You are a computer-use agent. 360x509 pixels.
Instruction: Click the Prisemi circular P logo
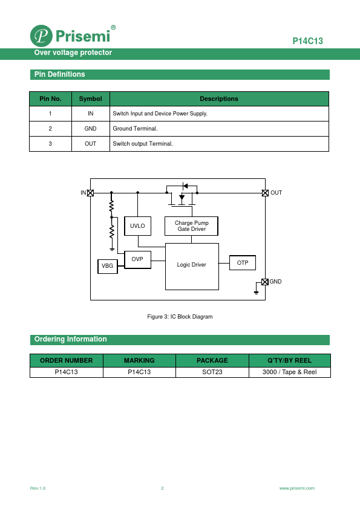[41, 36]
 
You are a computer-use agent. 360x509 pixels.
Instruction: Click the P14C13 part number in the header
[308, 41]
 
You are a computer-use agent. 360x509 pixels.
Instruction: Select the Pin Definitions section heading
[60, 74]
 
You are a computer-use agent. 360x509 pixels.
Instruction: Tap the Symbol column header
[90, 99]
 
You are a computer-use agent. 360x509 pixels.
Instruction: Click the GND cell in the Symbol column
[90, 129]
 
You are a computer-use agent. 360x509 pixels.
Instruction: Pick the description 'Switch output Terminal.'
[143, 143]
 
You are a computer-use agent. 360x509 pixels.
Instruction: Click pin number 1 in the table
[50, 114]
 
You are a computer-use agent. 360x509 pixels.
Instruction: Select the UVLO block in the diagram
[137, 226]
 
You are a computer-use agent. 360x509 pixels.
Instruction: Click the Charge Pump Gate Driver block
[191, 226]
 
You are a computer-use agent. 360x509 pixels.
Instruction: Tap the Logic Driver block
[192, 267]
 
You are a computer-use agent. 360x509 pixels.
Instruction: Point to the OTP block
[243, 262]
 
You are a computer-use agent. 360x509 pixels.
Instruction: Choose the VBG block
[108, 266]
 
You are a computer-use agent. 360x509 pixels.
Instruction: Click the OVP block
[137, 259]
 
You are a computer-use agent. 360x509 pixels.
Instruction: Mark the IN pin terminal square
[90, 193]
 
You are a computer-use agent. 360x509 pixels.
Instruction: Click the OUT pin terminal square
[265, 193]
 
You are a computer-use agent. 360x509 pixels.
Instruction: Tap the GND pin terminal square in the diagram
[265, 282]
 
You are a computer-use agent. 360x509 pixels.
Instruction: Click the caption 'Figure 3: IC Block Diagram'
[180, 317]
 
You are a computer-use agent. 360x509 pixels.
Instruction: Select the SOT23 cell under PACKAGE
[212, 372]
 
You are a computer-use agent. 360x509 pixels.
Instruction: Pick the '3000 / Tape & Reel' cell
[289, 372]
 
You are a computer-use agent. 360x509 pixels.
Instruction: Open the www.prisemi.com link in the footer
[297, 488]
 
